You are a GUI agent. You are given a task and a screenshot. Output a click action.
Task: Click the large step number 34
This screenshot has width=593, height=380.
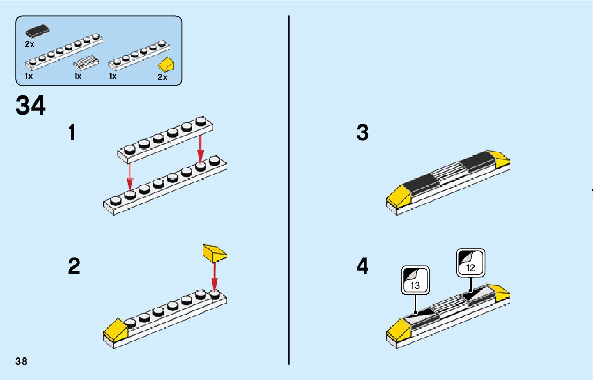click(31, 106)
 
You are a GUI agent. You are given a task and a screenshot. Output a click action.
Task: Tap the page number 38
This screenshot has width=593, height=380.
click(21, 361)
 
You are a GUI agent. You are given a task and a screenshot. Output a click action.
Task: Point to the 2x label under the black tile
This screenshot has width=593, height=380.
click(29, 44)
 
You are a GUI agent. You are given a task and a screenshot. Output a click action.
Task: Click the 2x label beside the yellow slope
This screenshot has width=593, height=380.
click(162, 77)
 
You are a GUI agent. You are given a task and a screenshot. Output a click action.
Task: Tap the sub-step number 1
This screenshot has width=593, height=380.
click(72, 133)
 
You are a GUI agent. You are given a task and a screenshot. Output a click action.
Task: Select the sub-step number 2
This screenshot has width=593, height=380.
click(74, 266)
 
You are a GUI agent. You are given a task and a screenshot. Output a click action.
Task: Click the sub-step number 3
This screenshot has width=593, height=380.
click(362, 133)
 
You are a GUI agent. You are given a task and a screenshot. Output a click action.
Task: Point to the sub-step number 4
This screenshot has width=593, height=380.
click(362, 266)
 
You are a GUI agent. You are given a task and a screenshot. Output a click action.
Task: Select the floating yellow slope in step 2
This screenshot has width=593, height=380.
click(214, 252)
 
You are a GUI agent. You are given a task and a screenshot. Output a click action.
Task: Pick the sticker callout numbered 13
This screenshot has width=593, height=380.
click(415, 280)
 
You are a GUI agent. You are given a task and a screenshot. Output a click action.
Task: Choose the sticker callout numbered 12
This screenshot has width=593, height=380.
click(470, 263)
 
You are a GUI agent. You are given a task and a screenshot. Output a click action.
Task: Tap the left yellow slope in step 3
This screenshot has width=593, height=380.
click(398, 196)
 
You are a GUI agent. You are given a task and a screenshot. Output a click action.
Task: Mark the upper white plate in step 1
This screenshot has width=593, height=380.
click(165, 139)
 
